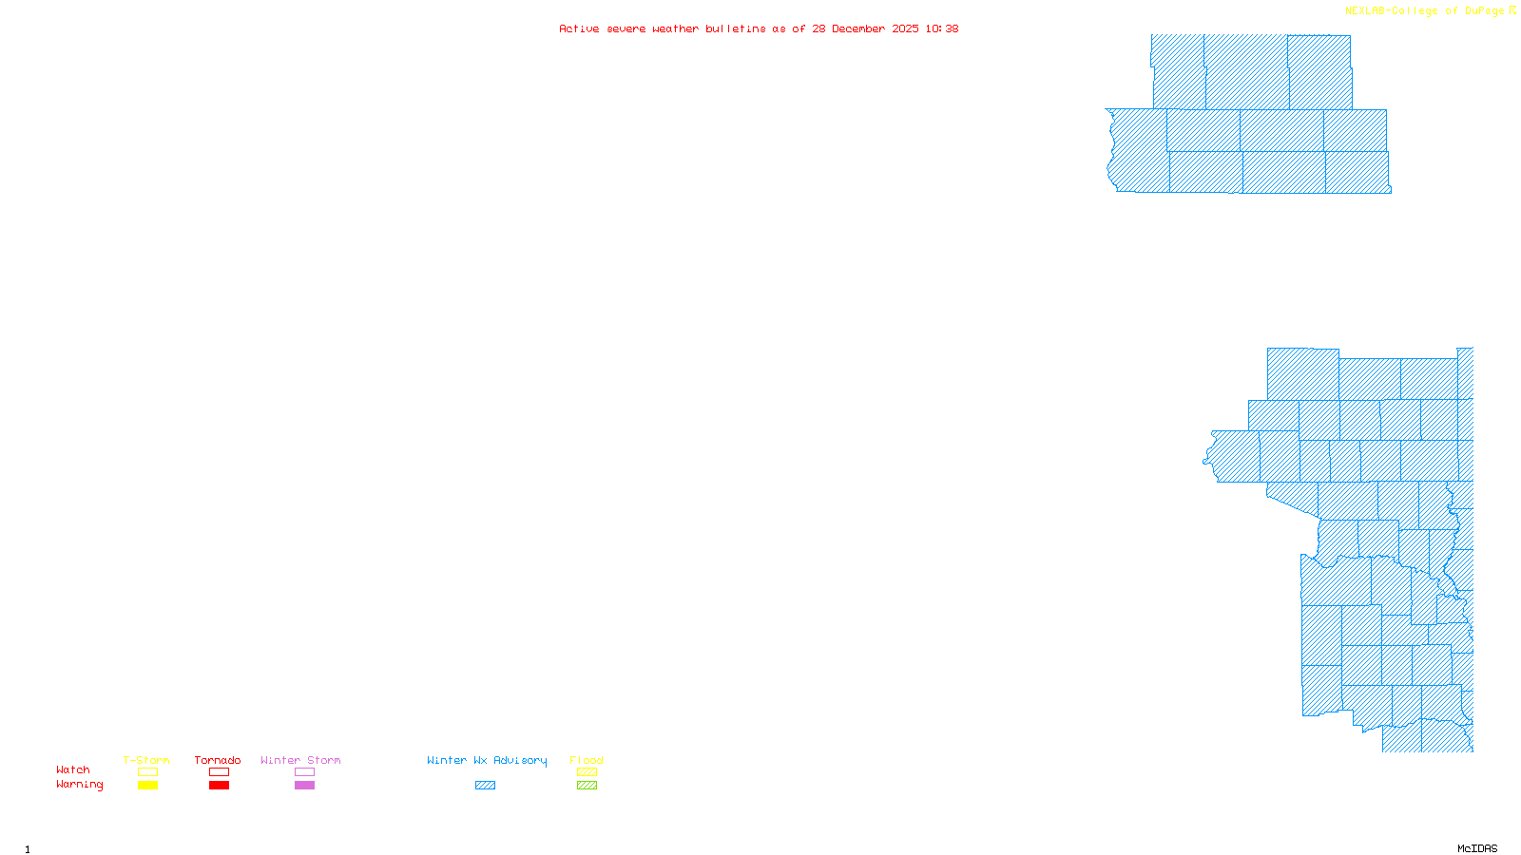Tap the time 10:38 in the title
point(942,28)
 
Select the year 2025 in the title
point(906,28)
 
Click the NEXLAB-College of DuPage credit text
point(1424,11)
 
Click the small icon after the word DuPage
point(1513,10)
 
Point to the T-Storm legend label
point(146,760)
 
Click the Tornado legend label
point(218,760)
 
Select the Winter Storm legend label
point(300,760)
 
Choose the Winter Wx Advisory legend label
point(487,760)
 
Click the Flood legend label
point(587,760)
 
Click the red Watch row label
point(73,769)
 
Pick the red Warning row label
point(80,785)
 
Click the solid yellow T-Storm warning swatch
point(147,786)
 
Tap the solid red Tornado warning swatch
point(220,786)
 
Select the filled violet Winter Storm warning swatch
point(304,786)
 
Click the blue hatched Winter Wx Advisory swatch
point(485,786)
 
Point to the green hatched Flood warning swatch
point(587,786)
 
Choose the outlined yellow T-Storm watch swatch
point(147,772)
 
